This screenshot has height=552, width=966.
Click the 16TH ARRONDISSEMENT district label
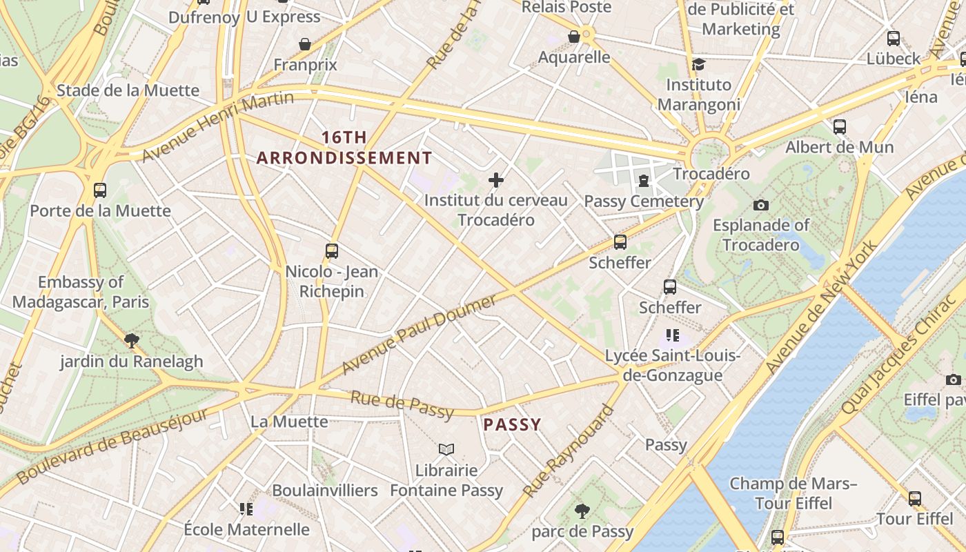click(x=344, y=148)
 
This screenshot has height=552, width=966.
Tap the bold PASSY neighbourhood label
click(x=512, y=424)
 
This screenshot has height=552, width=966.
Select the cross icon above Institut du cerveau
click(x=495, y=181)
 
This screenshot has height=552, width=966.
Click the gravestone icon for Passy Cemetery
click(x=644, y=181)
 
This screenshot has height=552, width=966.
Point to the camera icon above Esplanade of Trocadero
click(x=761, y=205)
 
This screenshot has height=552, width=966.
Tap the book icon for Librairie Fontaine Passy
click(x=446, y=450)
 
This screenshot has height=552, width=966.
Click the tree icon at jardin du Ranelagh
click(x=131, y=340)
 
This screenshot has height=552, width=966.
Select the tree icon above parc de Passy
click(x=582, y=511)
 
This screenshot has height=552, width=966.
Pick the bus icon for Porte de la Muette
click(x=100, y=190)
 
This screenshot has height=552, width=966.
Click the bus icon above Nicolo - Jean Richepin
click(x=332, y=251)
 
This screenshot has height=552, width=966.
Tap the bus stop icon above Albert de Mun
click(x=839, y=127)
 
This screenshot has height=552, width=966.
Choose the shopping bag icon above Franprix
click(x=305, y=44)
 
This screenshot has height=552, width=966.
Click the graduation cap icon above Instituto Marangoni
click(x=698, y=65)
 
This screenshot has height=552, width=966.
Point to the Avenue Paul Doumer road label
click(x=419, y=335)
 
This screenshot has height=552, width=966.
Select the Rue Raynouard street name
click(x=568, y=451)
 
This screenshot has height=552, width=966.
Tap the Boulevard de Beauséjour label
click(x=112, y=446)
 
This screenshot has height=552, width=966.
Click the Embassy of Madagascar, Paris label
click(x=81, y=292)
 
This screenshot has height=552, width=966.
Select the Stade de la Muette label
click(x=128, y=90)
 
